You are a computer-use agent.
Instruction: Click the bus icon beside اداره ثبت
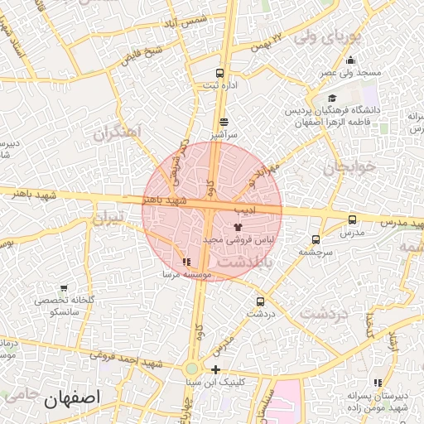pyautogui.click(x=219, y=73)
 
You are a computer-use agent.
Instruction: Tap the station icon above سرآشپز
pyautogui.click(x=224, y=122)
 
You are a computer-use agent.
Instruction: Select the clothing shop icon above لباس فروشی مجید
pyautogui.click(x=238, y=226)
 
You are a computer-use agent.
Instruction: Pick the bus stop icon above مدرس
pyautogui.click(x=353, y=219)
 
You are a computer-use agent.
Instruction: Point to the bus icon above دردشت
pyautogui.click(x=261, y=302)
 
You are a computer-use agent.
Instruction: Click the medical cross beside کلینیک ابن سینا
pyautogui.click(x=215, y=369)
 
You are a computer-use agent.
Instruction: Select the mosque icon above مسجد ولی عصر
pyautogui.click(x=350, y=60)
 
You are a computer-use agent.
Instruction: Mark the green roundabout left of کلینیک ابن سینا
pyautogui.click(x=191, y=369)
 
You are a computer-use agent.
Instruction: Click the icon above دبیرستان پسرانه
pyautogui.click(x=378, y=382)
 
